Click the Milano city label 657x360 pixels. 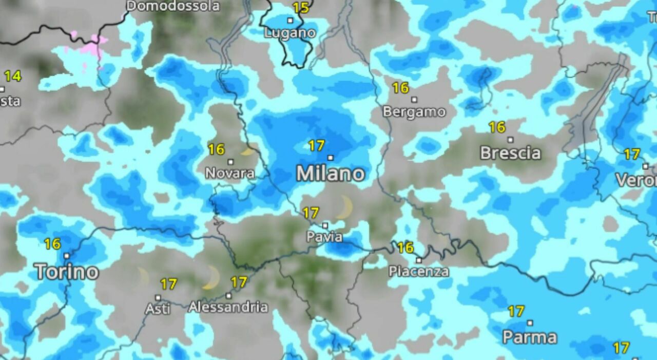(x=331, y=174)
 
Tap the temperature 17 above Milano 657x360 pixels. (x=316, y=146)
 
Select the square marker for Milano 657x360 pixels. (x=330, y=158)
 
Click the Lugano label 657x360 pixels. (x=289, y=33)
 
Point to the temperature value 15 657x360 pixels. (x=301, y=8)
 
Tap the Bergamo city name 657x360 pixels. (x=414, y=111)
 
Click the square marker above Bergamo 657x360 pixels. (x=414, y=100)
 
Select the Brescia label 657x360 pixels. (x=510, y=153)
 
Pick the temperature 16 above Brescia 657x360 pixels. (x=497, y=127)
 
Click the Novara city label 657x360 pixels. (x=230, y=173)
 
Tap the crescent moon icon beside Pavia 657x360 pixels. (x=345, y=207)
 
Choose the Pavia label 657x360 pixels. (x=324, y=237)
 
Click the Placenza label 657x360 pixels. (x=419, y=272)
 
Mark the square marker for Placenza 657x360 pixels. (x=419, y=260)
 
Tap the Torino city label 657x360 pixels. (x=67, y=271)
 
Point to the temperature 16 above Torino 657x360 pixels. (x=52, y=244)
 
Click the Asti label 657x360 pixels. (x=157, y=309)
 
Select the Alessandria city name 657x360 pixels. (x=228, y=307)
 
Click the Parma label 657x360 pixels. (x=530, y=337)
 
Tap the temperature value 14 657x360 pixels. (x=13, y=77)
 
